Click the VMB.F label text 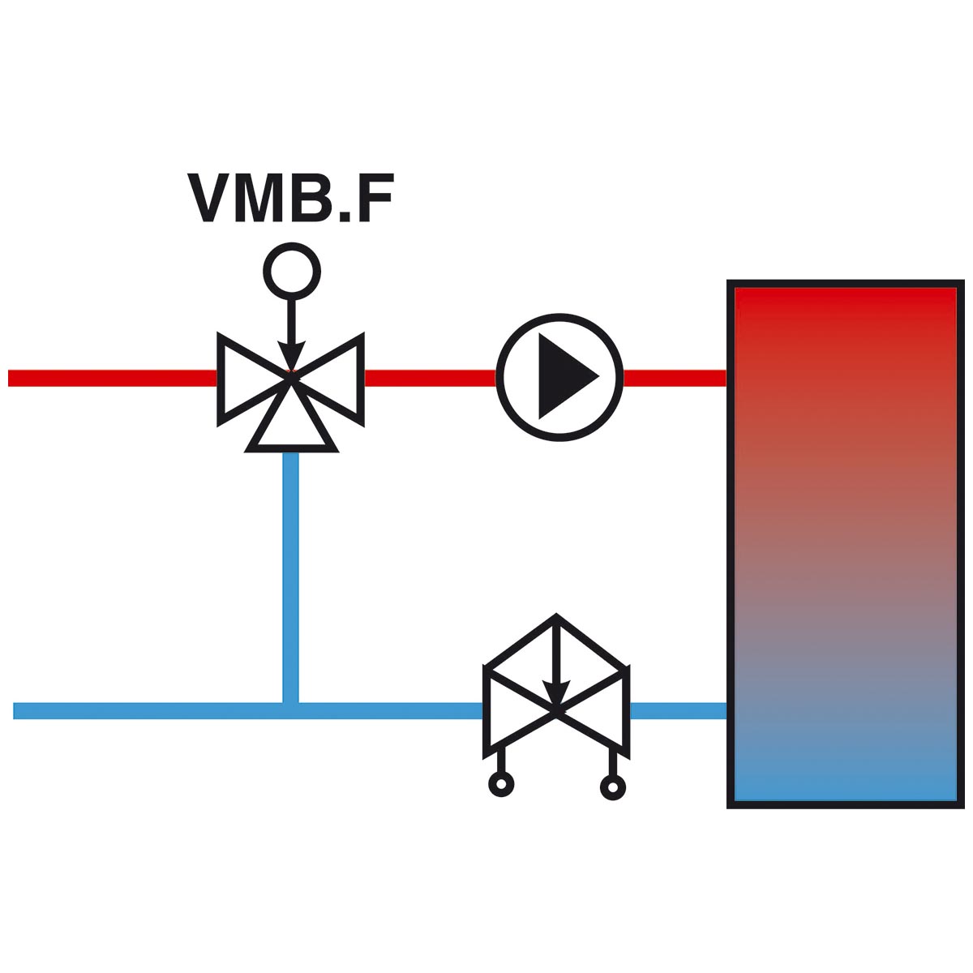(290, 198)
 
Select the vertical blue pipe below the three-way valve (291, 577)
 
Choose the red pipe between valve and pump (431, 378)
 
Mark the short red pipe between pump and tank (675, 378)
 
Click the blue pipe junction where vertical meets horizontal (291, 711)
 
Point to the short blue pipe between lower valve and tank (679, 711)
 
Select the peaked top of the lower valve (556, 617)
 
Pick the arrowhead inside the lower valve (556, 694)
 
